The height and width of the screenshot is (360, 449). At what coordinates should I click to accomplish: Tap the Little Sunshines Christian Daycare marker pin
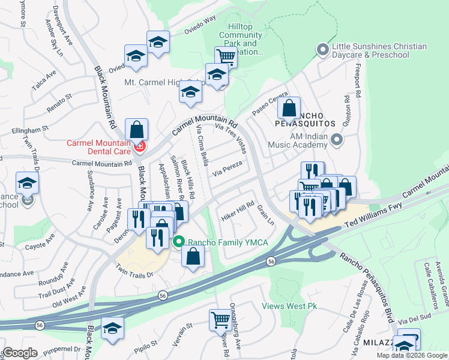pyautogui.click(x=324, y=50)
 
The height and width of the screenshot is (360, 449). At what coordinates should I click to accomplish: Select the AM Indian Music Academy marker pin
pyautogui.click(x=337, y=140)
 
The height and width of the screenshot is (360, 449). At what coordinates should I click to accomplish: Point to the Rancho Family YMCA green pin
pyautogui.click(x=178, y=242)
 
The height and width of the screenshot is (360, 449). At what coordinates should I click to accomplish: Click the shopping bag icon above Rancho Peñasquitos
pyautogui.click(x=289, y=109)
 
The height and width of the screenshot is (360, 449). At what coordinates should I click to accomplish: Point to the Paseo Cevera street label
pyautogui.click(x=267, y=104)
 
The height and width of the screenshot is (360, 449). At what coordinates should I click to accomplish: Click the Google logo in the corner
pyautogui.click(x=20, y=353)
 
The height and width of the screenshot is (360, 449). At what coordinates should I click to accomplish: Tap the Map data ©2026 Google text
pyautogui.click(x=412, y=355)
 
